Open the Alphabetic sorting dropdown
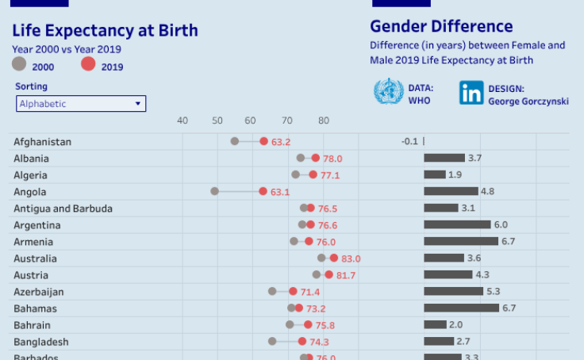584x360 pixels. pos(81,104)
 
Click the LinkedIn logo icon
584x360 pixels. pos(471,93)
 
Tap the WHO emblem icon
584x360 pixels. pos(389,92)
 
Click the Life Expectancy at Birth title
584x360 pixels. pos(106,31)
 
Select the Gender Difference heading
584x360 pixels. pos(441,27)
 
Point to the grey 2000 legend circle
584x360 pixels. pos(20,65)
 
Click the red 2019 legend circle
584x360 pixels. pos(88,65)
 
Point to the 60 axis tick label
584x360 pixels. pos(253,121)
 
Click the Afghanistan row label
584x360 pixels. pos(43,142)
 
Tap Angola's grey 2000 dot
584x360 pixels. pos(214,191)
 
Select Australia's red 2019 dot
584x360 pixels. pos(334,258)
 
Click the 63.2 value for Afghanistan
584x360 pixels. pos(281,142)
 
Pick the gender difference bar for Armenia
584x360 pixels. pos(461,241)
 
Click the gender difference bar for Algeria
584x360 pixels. pos(435,174)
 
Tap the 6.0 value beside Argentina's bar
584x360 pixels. pos(501,225)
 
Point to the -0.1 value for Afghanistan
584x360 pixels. pos(409,141)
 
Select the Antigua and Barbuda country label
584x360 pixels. pos(63,209)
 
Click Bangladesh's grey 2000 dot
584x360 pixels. pos(272,341)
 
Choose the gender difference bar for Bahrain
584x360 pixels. pos(435,324)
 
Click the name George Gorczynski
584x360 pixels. pos(528,101)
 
